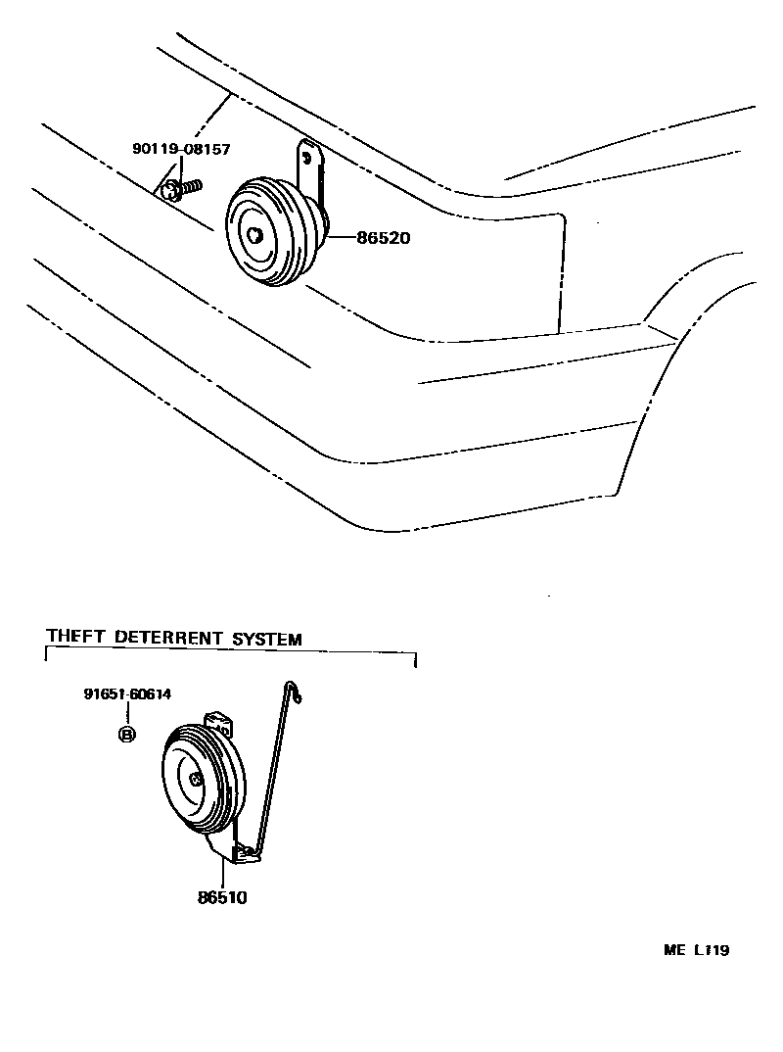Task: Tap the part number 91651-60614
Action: point(127,694)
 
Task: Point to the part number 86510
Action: point(223,896)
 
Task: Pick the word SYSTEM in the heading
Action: point(266,639)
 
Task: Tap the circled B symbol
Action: point(126,735)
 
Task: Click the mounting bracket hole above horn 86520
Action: point(308,155)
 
